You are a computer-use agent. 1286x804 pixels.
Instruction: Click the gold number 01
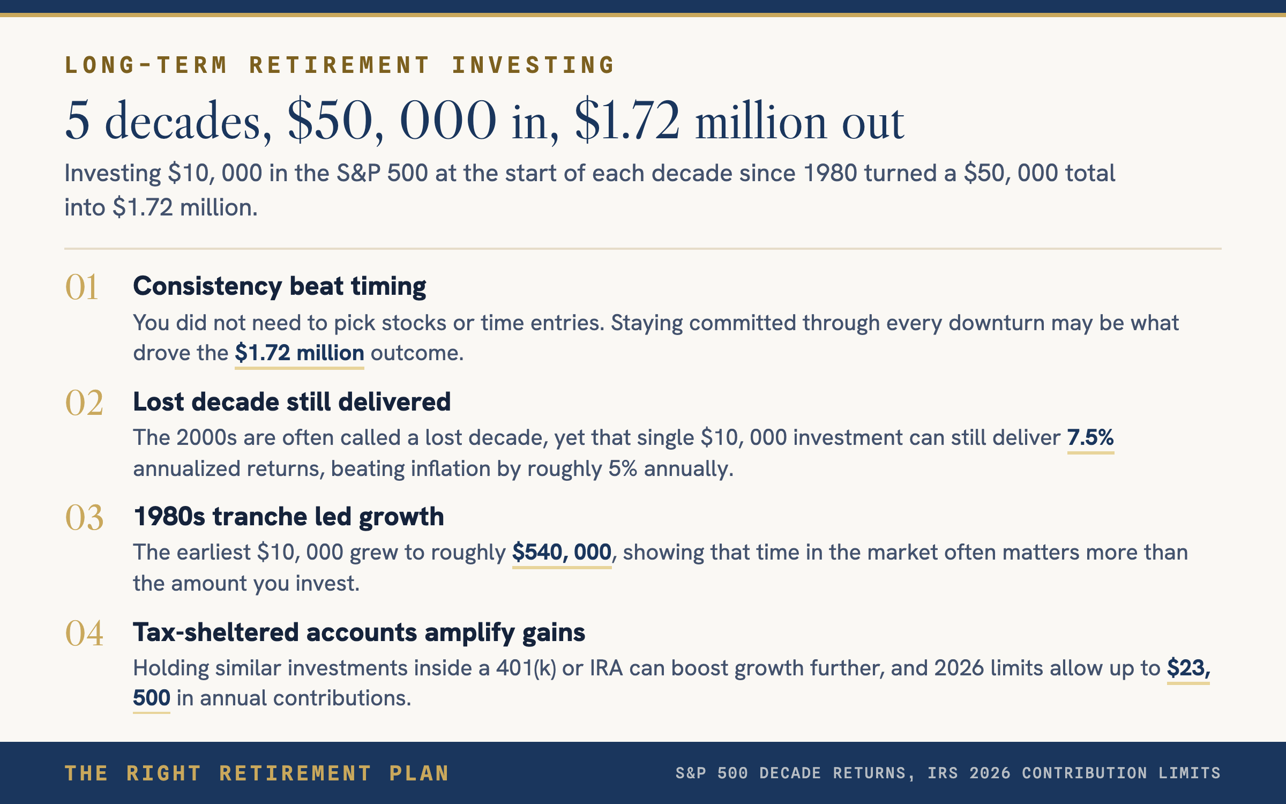click(x=81, y=287)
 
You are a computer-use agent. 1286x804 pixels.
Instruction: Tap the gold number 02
click(x=84, y=403)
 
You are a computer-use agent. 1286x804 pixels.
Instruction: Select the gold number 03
click(x=84, y=518)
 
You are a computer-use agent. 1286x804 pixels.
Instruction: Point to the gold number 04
click(x=84, y=633)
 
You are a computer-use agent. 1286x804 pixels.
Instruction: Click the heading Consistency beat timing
click(x=280, y=286)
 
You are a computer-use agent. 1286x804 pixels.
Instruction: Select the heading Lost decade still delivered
click(x=292, y=402)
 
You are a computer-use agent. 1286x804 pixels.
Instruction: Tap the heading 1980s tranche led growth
click(x=289, y=517)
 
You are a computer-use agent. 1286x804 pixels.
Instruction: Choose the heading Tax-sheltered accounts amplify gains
click(x=359, y=632)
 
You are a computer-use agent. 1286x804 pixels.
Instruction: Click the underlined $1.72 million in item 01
click(x=300, y=353)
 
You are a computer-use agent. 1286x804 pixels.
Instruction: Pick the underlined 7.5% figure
click(x=1090, y=438)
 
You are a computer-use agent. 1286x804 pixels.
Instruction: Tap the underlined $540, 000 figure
click(x=562, y=553)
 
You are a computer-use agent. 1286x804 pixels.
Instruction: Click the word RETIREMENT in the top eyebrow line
click(x=340, y=65)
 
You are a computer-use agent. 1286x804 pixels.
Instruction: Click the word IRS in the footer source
click(x=943, y=773)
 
